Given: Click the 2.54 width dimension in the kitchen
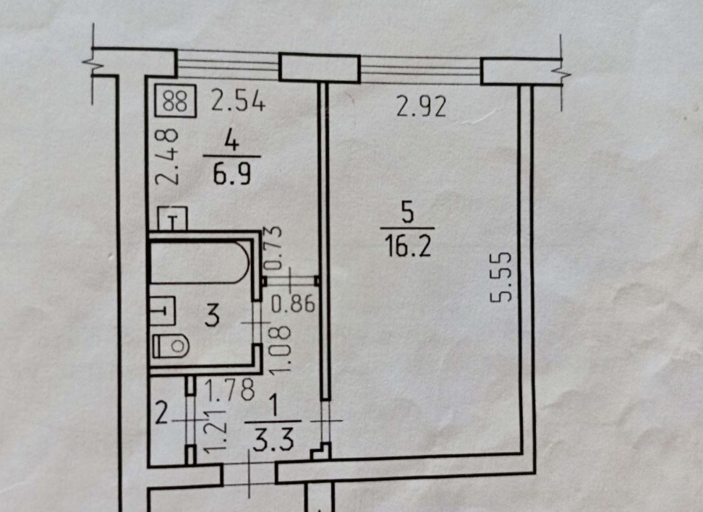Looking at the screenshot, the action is pos(239,101).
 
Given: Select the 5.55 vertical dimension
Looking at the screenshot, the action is pos(505,276).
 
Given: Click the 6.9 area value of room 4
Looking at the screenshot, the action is pos(232,174).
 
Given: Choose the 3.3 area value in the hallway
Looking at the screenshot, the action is pos(272,440).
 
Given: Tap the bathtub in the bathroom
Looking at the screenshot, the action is pos(200,262).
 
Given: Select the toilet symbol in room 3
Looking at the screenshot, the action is pos(171,346).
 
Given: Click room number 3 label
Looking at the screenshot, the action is pos(212,317).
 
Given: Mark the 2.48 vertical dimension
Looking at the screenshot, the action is pos(169,158).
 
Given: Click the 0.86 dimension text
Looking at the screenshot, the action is pos(293,304).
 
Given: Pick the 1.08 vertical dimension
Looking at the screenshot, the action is pos(284,349).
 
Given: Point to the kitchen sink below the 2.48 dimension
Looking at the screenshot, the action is pos(174,218).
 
